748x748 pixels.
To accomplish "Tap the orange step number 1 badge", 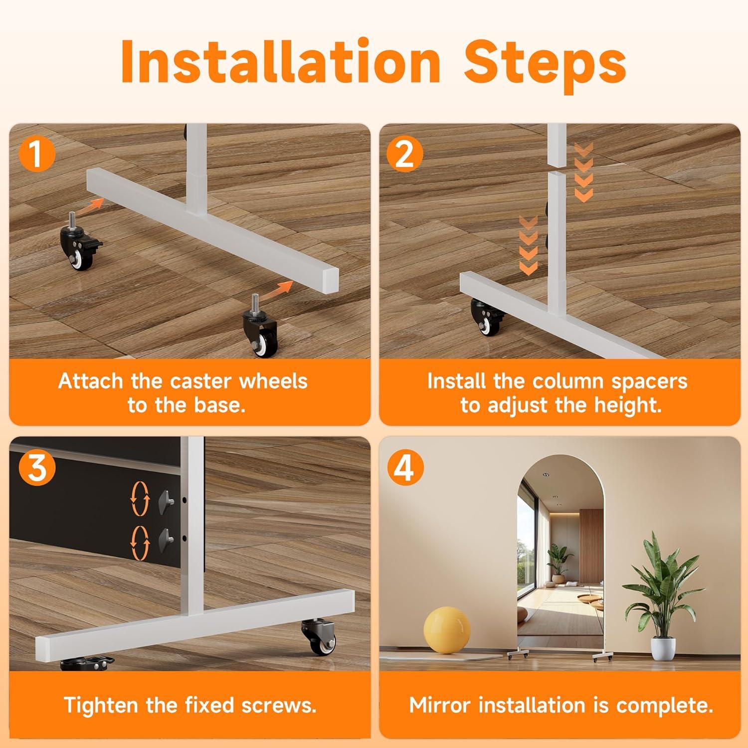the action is tap(36, 154).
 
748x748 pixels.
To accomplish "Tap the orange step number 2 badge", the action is tap(404, 154).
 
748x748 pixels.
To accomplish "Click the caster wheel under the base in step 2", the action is tap(488, 317).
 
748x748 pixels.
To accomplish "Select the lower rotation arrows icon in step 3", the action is tap(140, 542).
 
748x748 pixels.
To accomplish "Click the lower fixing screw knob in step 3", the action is tap(166, 538).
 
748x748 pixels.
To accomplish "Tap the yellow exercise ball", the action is tap(447, 628).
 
